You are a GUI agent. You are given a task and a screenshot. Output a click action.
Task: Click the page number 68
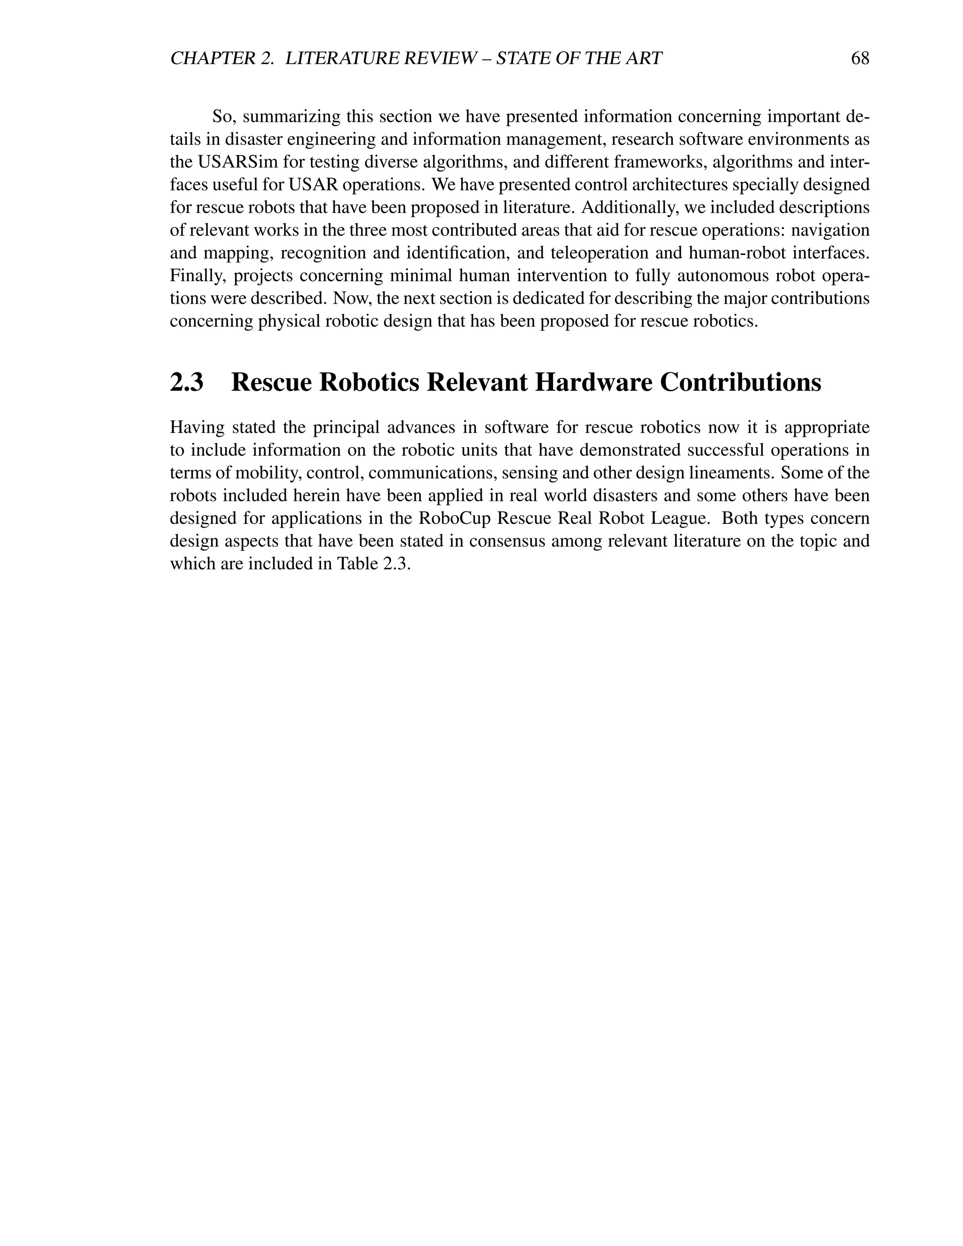pyautogui.click(x=860, y=58)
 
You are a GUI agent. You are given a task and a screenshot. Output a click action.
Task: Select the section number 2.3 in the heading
pyautogui.click(x=187, y=382)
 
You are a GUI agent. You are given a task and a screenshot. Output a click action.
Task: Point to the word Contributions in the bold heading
pyautogui.click(x=741, y=382)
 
